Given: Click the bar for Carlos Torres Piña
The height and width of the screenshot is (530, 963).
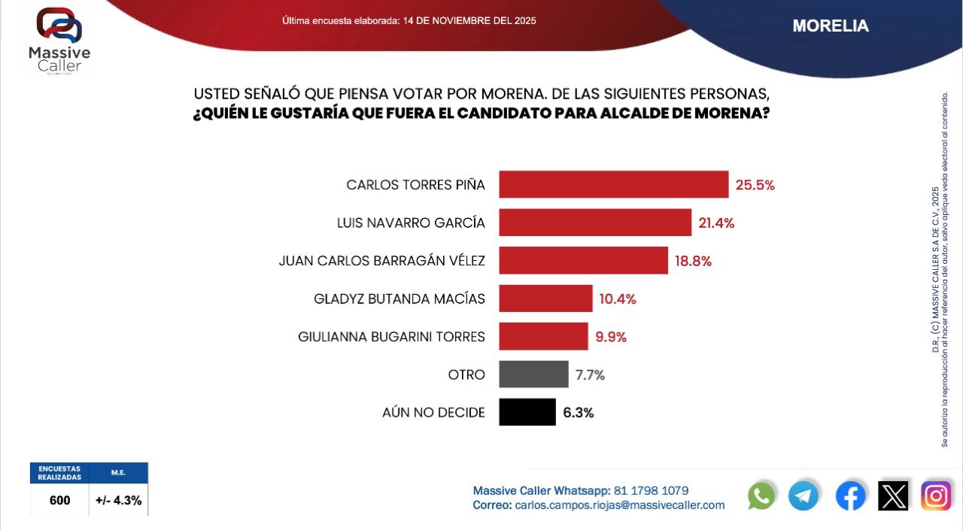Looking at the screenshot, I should tap(613, 185).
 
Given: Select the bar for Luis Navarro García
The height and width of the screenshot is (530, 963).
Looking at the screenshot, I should tap(594, 223).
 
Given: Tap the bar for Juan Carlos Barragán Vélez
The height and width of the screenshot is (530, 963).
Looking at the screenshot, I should tap(583, 261).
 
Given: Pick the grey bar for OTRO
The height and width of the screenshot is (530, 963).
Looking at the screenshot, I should tap(533, 374).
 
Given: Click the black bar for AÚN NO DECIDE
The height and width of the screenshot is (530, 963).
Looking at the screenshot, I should tap(527, 412).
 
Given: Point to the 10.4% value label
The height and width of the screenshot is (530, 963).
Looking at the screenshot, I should tap(618, 299).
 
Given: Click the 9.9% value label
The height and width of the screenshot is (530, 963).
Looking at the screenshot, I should tap(611, 337).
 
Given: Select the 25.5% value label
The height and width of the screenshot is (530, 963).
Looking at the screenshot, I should tap(755, 185).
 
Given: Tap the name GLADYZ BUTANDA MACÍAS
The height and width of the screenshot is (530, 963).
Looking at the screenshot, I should tap(399, 299).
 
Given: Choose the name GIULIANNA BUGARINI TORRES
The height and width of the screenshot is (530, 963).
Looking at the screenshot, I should tap(391, 337).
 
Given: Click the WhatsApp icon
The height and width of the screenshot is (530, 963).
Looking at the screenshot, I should tap(761, 496).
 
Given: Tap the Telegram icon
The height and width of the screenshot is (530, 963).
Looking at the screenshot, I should tap(804, 496).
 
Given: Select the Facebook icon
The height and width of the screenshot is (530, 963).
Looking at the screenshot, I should tap(850, 496).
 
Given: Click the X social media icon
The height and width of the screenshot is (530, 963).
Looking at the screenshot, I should tap(893, 496).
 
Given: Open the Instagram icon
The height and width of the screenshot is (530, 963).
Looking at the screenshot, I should tap(936, 496).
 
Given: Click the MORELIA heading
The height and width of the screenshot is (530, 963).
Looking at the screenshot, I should tap(831, 26).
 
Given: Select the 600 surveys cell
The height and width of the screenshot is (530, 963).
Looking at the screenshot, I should tap(59, 500).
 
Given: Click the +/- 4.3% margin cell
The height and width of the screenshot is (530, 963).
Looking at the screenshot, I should tap(119, 500).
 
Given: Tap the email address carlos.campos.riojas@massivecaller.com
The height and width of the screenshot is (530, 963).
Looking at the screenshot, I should tap(620, 505).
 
